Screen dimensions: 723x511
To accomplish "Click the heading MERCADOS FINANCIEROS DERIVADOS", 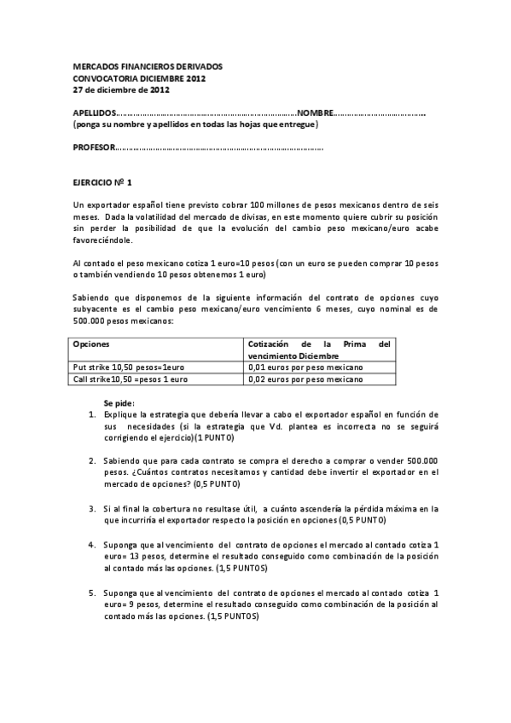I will click(147, 66).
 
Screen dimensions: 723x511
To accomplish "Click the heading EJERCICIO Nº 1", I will click(102, 182).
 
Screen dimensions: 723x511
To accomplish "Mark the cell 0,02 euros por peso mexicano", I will click(305, 379).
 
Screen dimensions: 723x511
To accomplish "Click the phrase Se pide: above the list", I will click(119, 402).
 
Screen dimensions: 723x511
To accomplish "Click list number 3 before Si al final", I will click(91, 508).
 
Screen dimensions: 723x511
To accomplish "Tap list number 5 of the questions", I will click(91, 592).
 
